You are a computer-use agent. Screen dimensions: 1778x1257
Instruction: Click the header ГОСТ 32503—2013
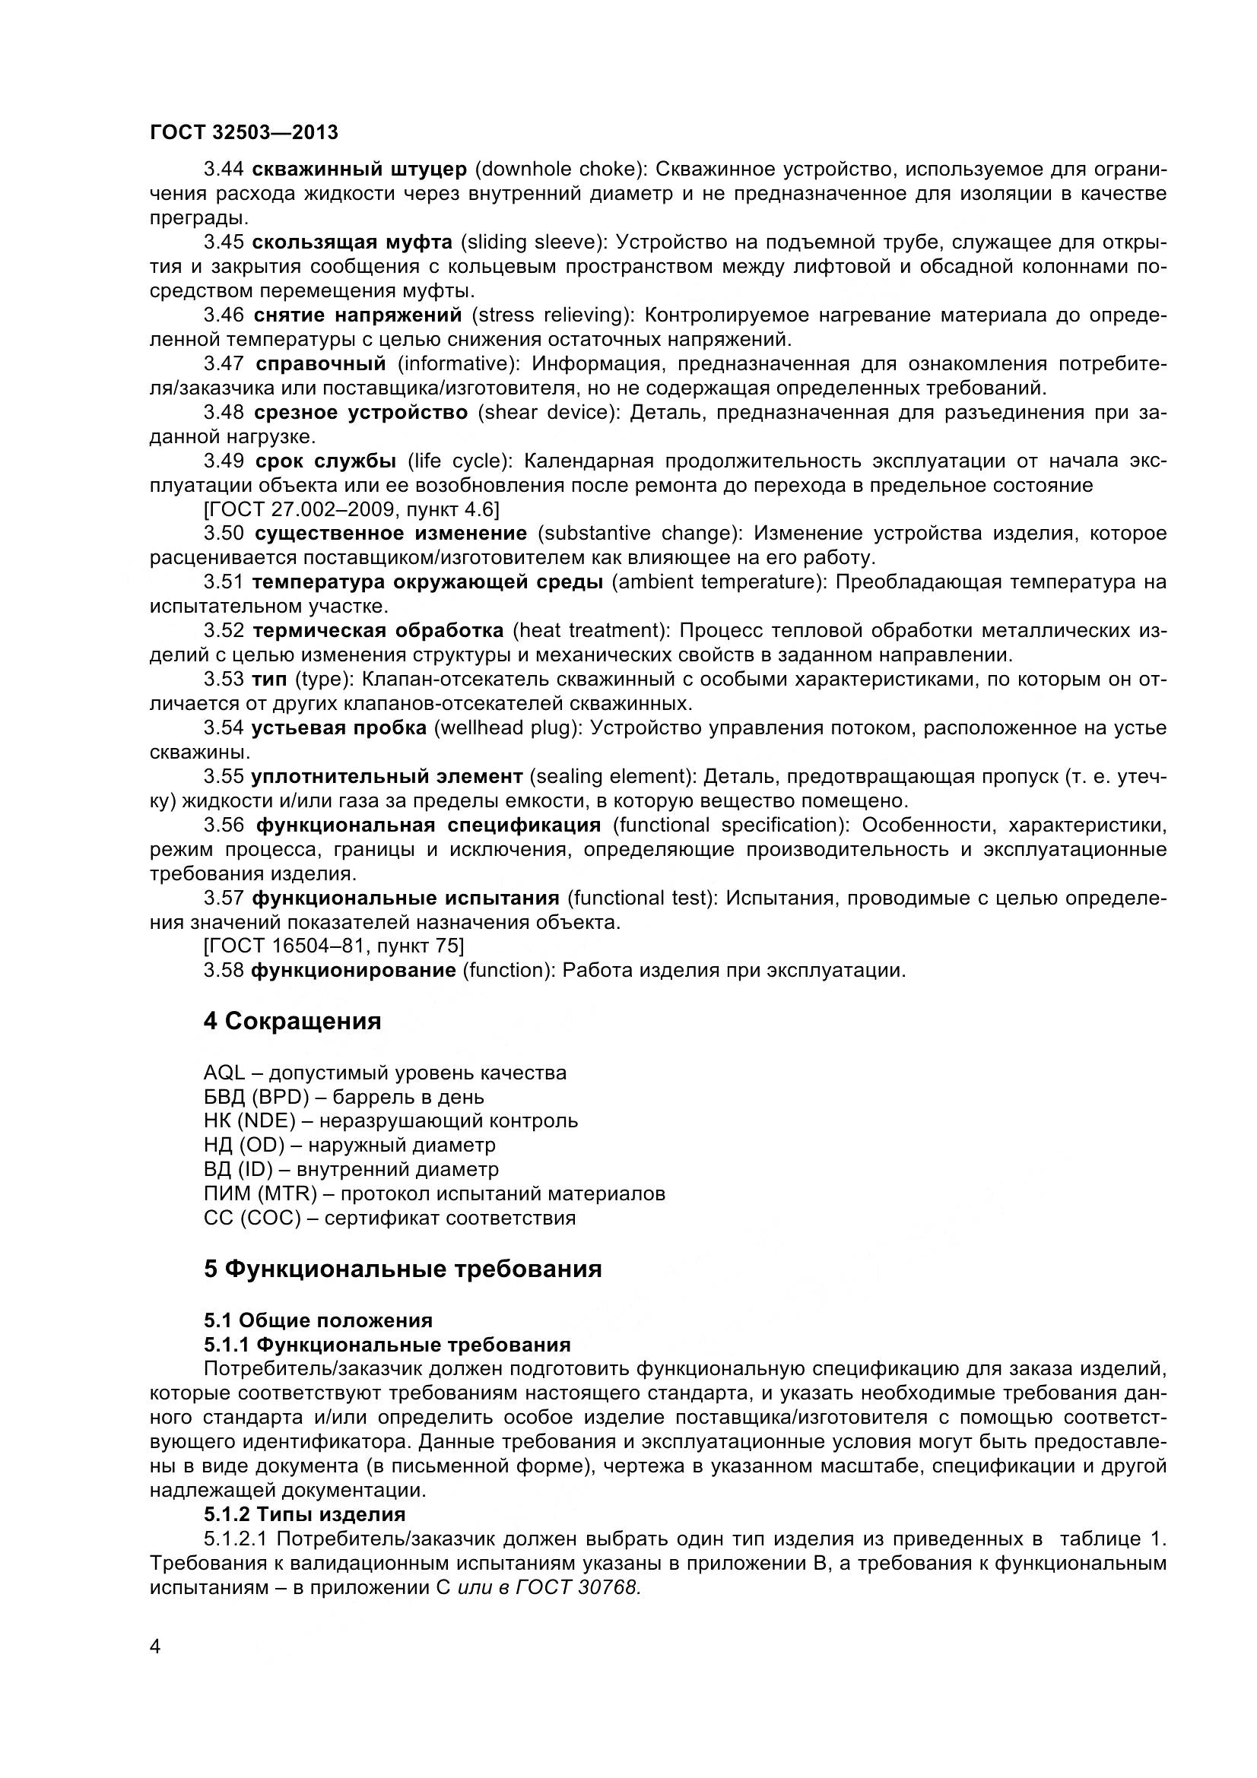pos(244,132)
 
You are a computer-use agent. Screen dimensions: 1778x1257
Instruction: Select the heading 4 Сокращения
pos(292,1021)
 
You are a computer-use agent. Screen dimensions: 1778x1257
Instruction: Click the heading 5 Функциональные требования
pos(403,1269)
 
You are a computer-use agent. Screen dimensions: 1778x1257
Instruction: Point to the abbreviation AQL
pos(224,1073)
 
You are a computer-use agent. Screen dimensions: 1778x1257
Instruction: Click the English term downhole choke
pos(554,169)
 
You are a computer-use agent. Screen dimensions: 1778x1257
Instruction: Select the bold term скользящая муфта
pos(352,242)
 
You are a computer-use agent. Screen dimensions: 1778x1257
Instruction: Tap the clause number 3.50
pos(224,533)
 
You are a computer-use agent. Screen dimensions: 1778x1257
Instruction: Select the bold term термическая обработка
pos(378,630)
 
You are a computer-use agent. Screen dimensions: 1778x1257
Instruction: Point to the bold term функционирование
pos(353,969)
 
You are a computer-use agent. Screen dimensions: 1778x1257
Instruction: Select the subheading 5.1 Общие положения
pos(318,1320)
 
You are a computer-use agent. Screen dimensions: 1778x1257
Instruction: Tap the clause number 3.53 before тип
pos(224,678)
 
